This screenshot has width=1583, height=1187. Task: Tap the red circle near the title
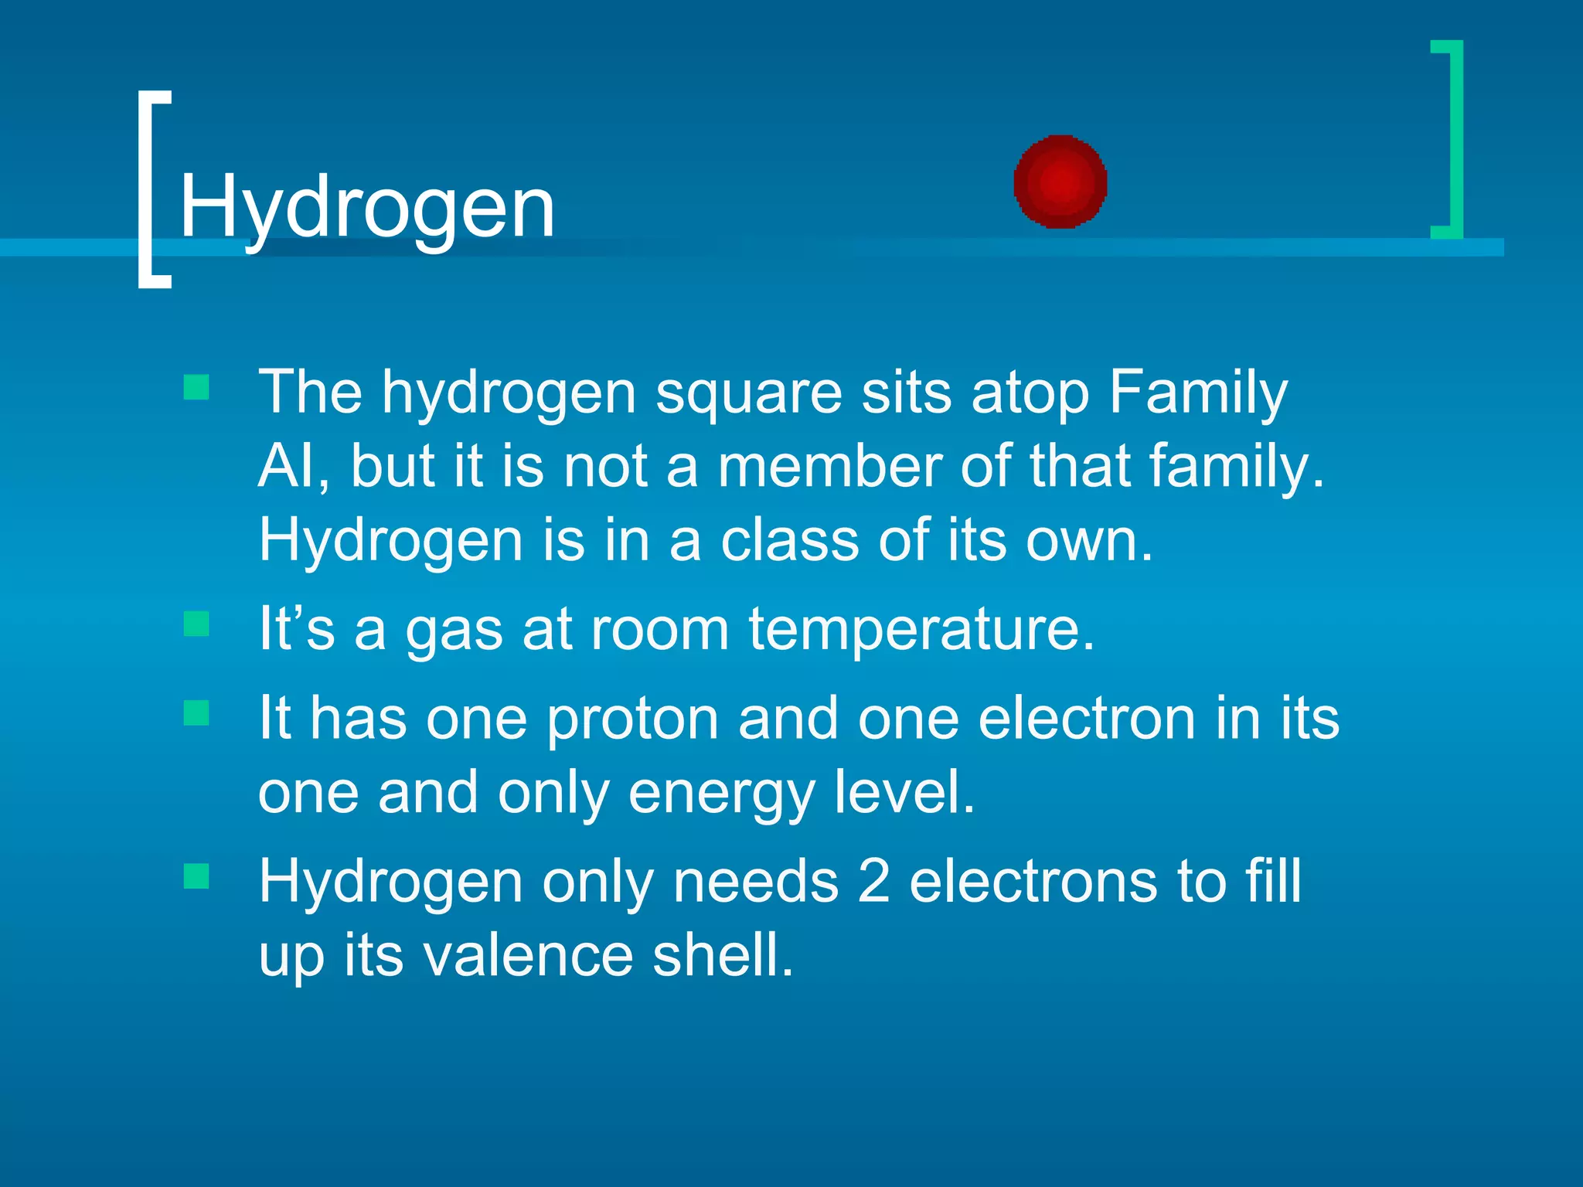tap(1060, 182)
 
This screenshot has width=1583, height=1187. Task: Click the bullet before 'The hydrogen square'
tap(196, 387)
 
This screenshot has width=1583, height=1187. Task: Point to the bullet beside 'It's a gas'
tap(196, 624)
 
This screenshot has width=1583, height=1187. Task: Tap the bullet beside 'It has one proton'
tap(196, 713)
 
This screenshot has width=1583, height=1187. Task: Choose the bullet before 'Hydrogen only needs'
tap(196, 876)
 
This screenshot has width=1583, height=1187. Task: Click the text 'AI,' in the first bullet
tap(294, 467)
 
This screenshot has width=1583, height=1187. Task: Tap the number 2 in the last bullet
tap(873, 881)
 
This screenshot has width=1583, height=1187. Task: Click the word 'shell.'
tap(723, 955)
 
